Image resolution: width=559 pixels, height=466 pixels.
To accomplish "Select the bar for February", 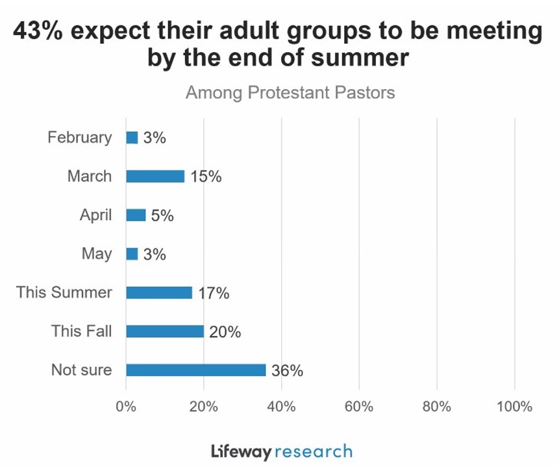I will point(132,137).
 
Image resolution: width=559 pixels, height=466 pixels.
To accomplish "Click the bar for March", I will point(155,176).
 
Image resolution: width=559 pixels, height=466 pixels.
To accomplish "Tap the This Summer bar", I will point(159,292).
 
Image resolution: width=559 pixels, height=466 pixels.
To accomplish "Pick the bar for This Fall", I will point(165,331).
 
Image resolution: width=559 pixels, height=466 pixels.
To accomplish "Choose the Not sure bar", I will point(195,370).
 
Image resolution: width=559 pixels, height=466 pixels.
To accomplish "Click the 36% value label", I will point(288,371).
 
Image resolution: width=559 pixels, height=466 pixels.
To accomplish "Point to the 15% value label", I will point(206,177).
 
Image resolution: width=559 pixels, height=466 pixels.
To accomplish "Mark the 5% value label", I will point(162,216).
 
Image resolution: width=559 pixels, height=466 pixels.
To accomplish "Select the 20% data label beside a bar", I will point(225,332).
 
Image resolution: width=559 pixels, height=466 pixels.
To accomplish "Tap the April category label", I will point(95,215).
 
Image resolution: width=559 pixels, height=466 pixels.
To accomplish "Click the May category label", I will point(97,253).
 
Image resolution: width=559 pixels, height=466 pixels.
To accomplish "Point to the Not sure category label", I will point(81,370).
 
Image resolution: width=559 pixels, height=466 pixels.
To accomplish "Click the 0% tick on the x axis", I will point(125,407).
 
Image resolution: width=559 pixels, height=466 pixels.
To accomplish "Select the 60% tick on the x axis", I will point(358,407).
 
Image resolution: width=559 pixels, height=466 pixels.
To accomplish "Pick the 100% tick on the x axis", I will point(514,407).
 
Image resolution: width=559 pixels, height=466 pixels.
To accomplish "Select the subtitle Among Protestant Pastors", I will point(290,92).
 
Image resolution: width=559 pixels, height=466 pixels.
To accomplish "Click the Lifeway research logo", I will point(282,451).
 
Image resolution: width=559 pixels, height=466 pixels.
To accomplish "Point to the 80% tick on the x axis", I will point(436,407).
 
